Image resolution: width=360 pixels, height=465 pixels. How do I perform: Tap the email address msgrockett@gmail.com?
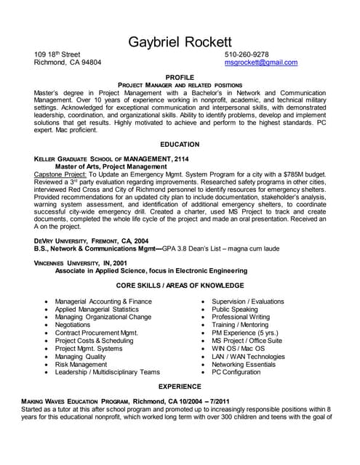point(261,62)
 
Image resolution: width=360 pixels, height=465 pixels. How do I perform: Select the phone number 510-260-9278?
point(247,54)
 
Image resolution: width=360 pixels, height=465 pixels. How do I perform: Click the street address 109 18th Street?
point(57,54)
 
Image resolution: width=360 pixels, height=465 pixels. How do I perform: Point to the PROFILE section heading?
point(180,76)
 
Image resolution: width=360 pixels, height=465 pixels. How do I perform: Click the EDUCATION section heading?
point(180,145)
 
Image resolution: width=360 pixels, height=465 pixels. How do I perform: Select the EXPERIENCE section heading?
point(180,387)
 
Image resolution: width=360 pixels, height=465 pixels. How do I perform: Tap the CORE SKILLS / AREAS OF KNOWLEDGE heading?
point(180,286)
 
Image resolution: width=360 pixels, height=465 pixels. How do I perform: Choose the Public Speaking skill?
point(235,310)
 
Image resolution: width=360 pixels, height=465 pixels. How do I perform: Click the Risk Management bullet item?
point(81,364)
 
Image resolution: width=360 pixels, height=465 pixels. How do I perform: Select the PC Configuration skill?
point(236,372)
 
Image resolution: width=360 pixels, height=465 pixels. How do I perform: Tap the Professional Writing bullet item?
point(241,318)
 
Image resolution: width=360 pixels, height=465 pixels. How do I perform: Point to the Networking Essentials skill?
point(244,364)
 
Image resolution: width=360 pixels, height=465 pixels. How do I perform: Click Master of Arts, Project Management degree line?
point(106,166)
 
